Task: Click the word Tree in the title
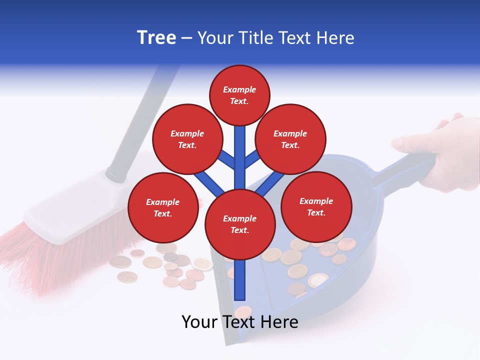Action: (x=156, y=38)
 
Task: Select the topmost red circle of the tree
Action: (x=239, y=95)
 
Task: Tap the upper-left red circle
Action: (x=187, y=139)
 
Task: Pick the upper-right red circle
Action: (x=290, y=139)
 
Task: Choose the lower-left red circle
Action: (x=163, y=207)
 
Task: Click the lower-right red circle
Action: (x=316, y=206)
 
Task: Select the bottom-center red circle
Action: (x=240, y=224)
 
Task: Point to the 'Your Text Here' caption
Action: (x=240, y=322)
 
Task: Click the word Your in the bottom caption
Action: (x=200, y=322)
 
